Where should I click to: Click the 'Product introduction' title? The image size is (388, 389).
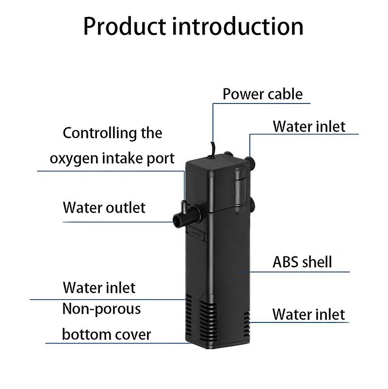point(193,27)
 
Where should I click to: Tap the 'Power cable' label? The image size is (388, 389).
point(263,94)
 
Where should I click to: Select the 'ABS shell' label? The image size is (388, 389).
point(302,262)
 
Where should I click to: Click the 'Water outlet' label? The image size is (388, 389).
point(104,208)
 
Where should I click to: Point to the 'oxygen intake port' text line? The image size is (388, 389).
point(112,159)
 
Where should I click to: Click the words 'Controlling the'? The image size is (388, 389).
point(113,133)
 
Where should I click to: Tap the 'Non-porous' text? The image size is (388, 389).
point(101,309)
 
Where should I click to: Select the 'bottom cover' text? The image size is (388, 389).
point(106,335)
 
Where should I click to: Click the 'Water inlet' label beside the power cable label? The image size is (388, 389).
point(309,127)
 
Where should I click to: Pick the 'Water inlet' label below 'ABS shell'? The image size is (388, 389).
point(308,314)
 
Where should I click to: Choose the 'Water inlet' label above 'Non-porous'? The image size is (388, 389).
point(99,288)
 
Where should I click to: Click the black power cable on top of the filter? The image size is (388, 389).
point(212,150)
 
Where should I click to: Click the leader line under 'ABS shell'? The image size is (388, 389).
point(293,272)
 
